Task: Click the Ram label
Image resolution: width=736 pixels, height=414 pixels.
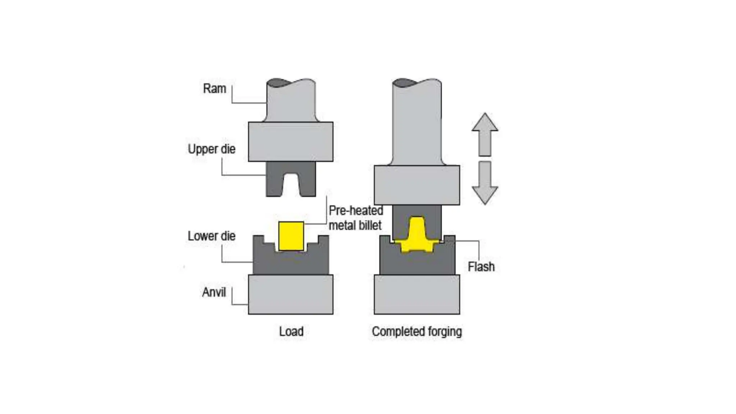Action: (x=215, y=88)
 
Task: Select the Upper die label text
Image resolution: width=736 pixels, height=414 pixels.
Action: (x=212, y=149)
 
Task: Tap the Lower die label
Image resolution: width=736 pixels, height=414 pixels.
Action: (x=212, y=236)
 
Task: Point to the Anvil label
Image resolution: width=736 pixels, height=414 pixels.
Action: (x=214, y=292)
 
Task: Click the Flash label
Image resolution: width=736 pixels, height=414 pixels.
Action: (x=481, y=266)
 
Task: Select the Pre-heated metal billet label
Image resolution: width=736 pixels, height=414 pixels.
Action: (x=356, y=218)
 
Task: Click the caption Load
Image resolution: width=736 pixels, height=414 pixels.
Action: (x=291, y=331)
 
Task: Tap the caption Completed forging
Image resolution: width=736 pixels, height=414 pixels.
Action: (x=417, y=331)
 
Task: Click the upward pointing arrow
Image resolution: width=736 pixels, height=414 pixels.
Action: (x=485, y=134)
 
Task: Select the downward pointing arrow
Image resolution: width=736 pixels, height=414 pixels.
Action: (x=485, y=183)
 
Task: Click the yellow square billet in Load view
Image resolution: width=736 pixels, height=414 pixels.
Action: (x=291, y=236)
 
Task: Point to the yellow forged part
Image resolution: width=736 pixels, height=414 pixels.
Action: (x=417, y=235)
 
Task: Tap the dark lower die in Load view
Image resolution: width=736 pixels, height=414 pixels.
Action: (x=291, y=262)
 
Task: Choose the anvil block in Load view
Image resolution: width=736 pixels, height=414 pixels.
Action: (x=291, y=294)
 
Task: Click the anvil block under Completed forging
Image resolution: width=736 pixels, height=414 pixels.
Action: (x=417, y=294)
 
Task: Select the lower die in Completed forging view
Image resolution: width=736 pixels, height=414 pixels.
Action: (x=417, y=264)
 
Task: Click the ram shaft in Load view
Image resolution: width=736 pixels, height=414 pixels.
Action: (x=291, y=101)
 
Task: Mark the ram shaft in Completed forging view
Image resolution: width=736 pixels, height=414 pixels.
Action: (x=417, y=122)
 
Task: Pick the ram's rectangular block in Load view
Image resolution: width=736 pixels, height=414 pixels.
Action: (x=291, y=142)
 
